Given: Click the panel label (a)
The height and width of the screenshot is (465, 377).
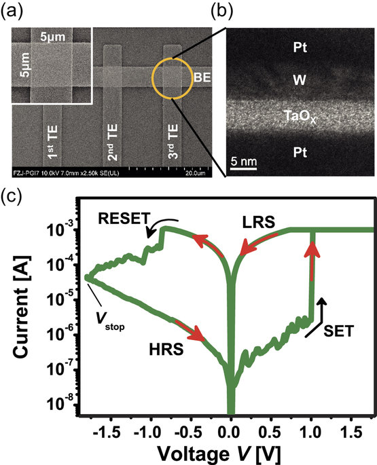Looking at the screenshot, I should point(12,12).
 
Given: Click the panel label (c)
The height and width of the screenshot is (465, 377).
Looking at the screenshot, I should point(12,198).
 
